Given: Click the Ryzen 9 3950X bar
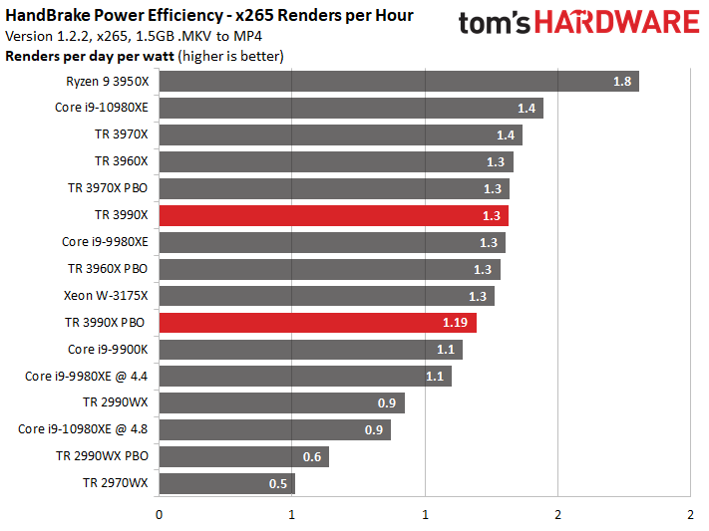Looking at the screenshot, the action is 399,82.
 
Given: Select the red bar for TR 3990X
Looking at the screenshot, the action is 334,215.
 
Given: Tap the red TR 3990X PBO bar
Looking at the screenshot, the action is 317,323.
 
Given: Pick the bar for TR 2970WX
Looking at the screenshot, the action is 227,483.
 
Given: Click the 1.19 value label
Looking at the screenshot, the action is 455,323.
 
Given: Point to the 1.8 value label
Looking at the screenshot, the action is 622,82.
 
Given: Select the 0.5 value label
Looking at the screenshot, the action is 278,484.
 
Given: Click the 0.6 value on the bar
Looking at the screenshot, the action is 312,457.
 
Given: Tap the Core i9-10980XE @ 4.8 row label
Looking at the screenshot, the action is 83,428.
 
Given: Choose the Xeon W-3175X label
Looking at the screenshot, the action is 106,296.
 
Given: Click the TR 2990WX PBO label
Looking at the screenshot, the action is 102,456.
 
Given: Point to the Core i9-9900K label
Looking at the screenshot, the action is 108,350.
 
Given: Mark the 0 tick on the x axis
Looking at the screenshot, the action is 159,515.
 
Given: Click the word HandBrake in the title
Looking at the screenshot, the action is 48,15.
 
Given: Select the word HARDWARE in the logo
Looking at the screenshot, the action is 617,23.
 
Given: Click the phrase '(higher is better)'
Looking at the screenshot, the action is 230,57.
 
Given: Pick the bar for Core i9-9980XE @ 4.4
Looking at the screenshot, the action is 305,376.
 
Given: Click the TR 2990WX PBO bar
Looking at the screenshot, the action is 243,457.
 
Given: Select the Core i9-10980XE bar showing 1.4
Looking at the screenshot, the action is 351,109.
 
